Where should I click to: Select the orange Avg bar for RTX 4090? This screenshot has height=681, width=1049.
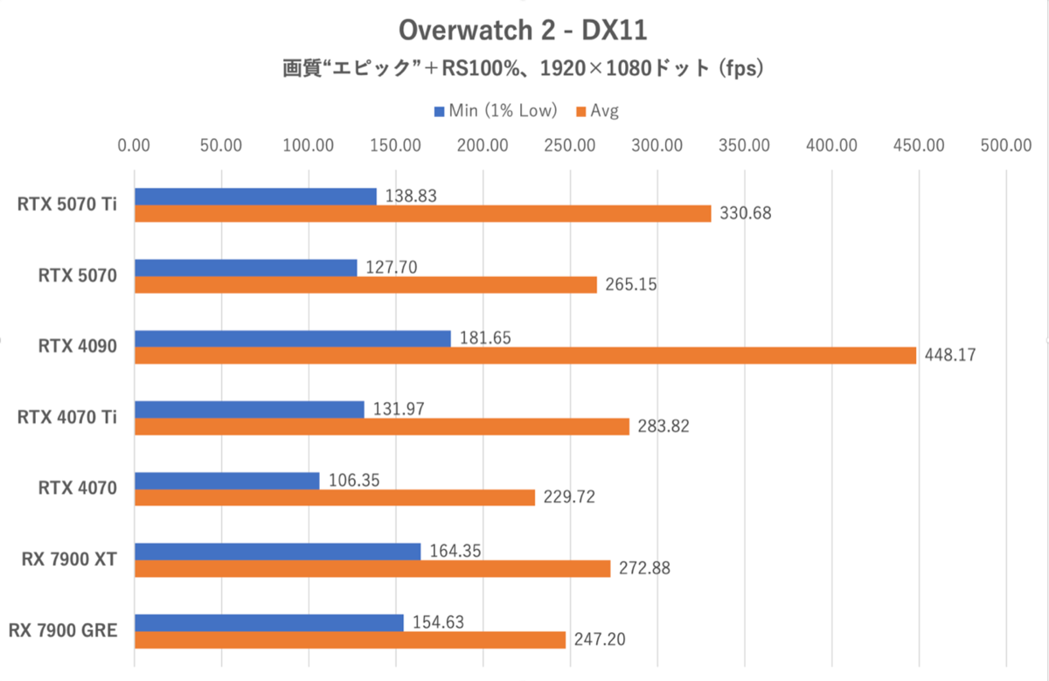click(x=524, y=355)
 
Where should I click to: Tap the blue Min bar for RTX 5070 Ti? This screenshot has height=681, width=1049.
click(x=255, y=197)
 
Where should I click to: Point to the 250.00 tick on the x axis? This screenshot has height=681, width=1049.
click(x=569, y=146)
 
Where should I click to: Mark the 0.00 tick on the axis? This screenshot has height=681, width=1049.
click(x=134, y=146)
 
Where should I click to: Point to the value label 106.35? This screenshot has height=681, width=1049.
click(x=351, y=480)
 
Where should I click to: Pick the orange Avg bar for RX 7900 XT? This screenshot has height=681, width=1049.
click(x=372, y=568)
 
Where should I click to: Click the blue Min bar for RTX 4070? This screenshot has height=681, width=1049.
click(x=226, y=480)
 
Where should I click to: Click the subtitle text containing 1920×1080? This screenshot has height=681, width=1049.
click(x=523, y=69)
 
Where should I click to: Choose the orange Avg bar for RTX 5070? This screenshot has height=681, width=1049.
click(x=365, y=284)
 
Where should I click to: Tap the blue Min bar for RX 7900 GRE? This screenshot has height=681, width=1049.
click(x=268, y=622)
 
